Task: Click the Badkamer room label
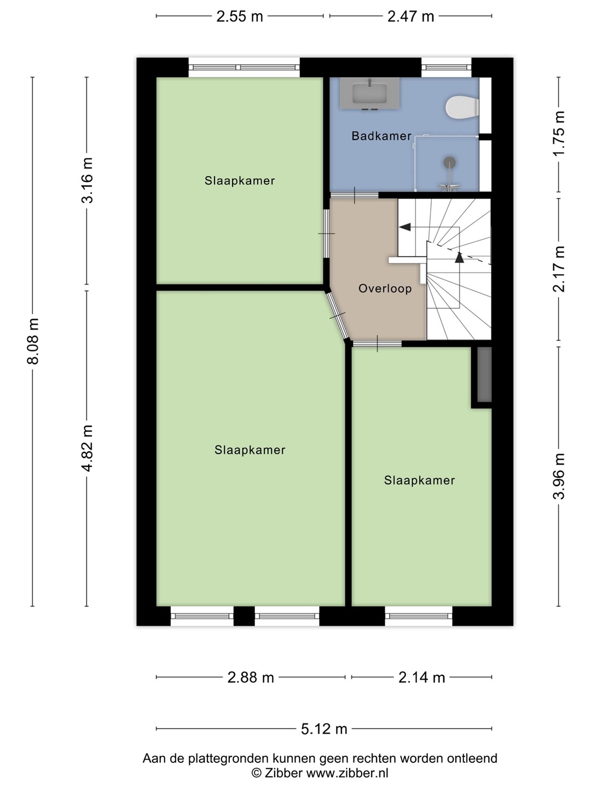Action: pos(381,136)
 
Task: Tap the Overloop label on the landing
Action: pos(385,288)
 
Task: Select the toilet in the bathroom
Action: pos(462,107)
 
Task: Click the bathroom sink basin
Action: pos(369,93)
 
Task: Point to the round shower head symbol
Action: pos(449,163)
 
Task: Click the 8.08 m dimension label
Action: pos(33,341)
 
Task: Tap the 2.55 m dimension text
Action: pos(239,16)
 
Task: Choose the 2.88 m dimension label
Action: pos(251,677)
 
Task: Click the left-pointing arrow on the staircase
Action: pos(405,227)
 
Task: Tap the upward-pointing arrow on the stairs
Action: pos(459,257)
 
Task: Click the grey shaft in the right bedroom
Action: pos(484,374)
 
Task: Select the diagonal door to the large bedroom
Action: pos(337,316)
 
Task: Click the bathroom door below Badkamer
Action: pos(355,195)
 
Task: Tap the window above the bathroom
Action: pos(446,67)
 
